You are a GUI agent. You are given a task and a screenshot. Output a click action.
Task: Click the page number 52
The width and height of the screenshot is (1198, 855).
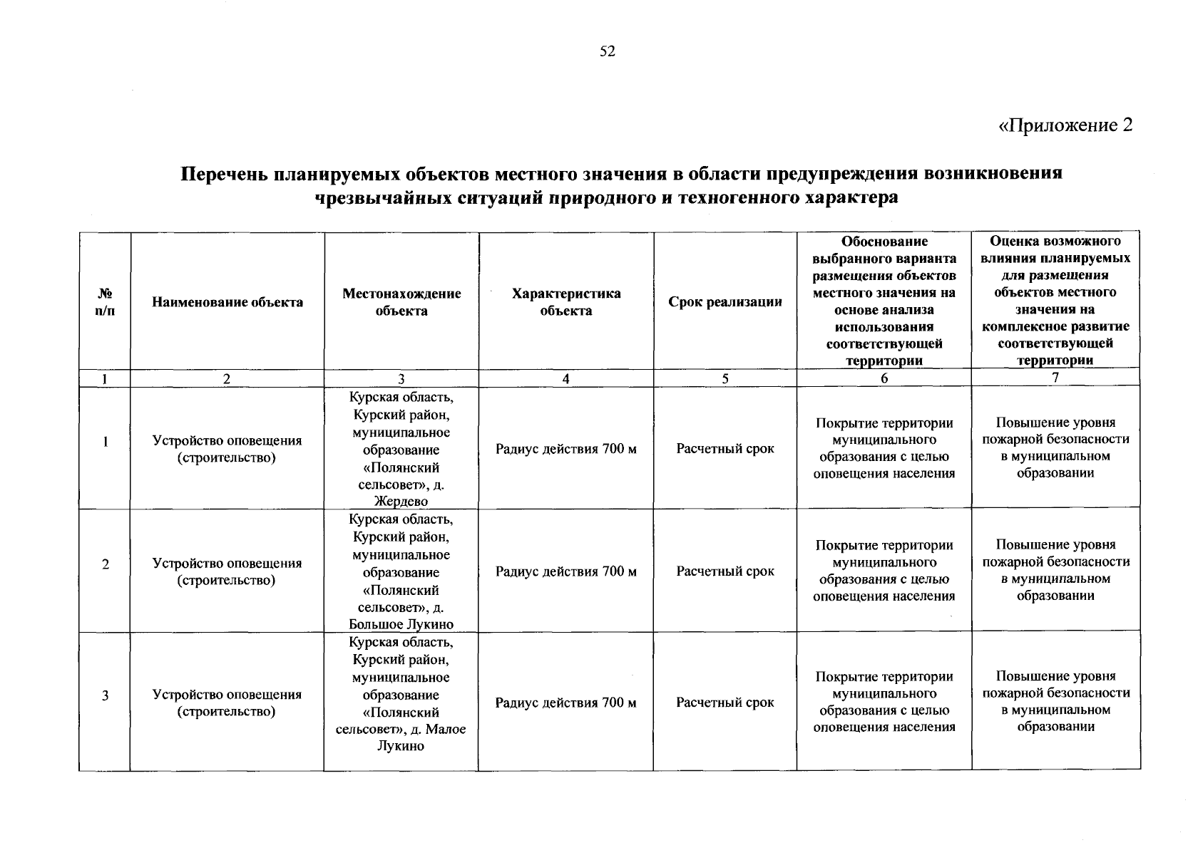coord(607,51)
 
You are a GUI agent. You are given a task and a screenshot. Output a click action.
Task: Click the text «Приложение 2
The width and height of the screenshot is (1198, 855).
coord(1065,125)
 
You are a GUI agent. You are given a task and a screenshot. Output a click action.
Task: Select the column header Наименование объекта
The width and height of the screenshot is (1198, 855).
coord(227,302)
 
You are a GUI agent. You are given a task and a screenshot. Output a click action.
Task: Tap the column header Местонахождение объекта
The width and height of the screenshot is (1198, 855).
coord(401,302)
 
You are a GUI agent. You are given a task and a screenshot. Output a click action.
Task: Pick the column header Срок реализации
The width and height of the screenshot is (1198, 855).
coord(725,302)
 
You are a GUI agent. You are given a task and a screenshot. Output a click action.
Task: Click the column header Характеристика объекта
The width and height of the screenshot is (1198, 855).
coord(565,302)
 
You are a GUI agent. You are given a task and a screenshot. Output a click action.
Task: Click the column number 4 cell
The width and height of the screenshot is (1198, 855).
coord(565,379)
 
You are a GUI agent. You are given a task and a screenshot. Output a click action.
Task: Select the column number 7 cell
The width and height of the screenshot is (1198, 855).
coord(1055,378)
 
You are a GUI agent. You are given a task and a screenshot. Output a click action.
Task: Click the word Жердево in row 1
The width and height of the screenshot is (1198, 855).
coord(401,502)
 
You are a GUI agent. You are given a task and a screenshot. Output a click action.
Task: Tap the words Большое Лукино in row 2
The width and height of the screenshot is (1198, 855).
coord(401,625)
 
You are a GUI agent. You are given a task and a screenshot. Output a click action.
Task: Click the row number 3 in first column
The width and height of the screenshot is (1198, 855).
coord(105,695)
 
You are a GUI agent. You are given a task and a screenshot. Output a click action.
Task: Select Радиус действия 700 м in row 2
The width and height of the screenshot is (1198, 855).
coord(565,571)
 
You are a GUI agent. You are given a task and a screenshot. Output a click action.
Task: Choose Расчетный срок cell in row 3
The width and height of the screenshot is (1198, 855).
coord(725,703)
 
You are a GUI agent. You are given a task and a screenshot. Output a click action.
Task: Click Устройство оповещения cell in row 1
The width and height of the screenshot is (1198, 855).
coord(227,449)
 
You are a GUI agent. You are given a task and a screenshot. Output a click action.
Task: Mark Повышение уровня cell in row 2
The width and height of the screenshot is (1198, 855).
coord(1055,570)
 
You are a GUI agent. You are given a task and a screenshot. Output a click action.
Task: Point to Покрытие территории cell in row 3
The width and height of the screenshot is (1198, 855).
coord(884,702)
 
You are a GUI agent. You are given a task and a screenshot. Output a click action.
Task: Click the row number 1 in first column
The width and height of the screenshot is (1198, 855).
coord(105,442)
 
